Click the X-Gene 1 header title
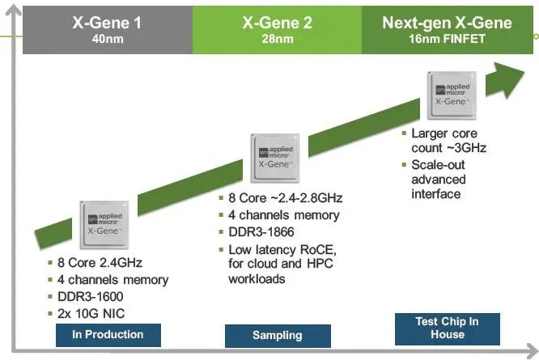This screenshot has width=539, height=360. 105,22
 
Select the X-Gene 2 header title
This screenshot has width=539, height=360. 277,22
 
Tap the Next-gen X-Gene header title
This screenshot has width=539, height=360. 447,22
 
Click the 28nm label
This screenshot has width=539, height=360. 277,38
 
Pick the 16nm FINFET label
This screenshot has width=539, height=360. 447,38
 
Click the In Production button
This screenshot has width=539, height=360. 108,334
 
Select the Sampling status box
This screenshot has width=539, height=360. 278,335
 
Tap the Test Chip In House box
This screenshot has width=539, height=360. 447,328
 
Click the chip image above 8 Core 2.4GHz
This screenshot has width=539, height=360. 105,222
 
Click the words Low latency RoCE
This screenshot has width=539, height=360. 282,250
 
